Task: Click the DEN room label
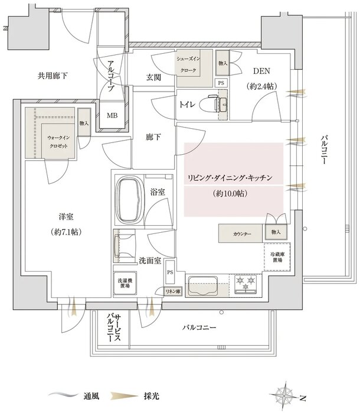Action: point(262,70)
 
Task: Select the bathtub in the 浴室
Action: point(130,200)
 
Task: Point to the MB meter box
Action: point(112,115)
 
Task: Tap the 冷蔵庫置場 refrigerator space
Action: point(276,256)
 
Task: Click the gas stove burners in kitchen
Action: point(244,285)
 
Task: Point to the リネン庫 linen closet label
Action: point(173,291)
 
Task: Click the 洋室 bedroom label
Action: point(49,219)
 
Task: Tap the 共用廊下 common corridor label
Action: point(53,76)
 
